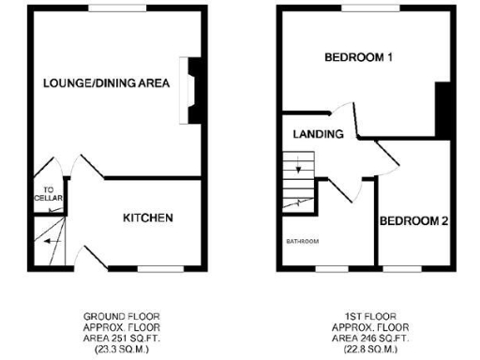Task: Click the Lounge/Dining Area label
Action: pyautogui.click(x=106, y=83)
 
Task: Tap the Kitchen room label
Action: pyautogui.click(x=148, y=218)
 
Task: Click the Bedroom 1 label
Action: pyautogui.click(x=357, y=58)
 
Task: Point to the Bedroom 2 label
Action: pyautogui.click(x=413, y=221)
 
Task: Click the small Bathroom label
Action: pyautogui.click(x=303, y=241)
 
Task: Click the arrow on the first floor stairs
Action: pyautogui.click(x=298, y=170)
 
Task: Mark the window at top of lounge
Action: pyautogui.click(x=118, y=8)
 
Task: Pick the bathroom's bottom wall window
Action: pyautogui.click(x=330, y=269)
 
